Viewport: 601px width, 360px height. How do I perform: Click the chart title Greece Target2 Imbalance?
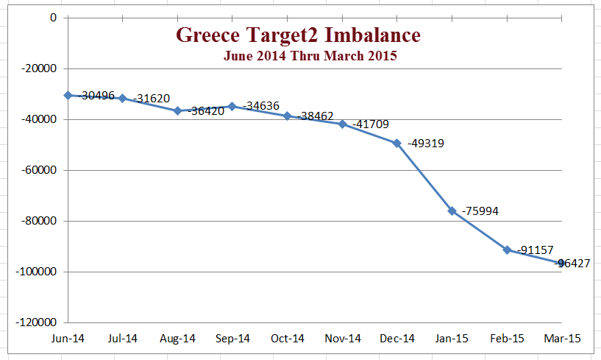pos(298,35)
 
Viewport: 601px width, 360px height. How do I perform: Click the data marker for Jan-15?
pos(452,211)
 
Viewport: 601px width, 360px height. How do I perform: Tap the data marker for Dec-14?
pos(396,143)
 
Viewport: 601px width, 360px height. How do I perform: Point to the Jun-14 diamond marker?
pos(68,95)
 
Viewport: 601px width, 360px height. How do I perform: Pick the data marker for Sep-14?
pos(232,106)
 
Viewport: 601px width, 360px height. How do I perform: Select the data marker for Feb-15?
pos(507,250)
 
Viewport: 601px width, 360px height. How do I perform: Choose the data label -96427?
pos(578,263)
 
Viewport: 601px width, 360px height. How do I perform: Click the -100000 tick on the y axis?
pos(35,272)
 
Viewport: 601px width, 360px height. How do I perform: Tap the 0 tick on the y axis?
pos(53,17)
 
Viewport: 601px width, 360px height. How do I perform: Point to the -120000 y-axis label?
pos(35,322)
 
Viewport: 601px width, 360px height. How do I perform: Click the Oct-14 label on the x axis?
pos(287,339)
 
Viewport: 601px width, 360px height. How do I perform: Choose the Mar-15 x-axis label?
pos(562,339)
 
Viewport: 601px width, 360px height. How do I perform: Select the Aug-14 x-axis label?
pos(177,339)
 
